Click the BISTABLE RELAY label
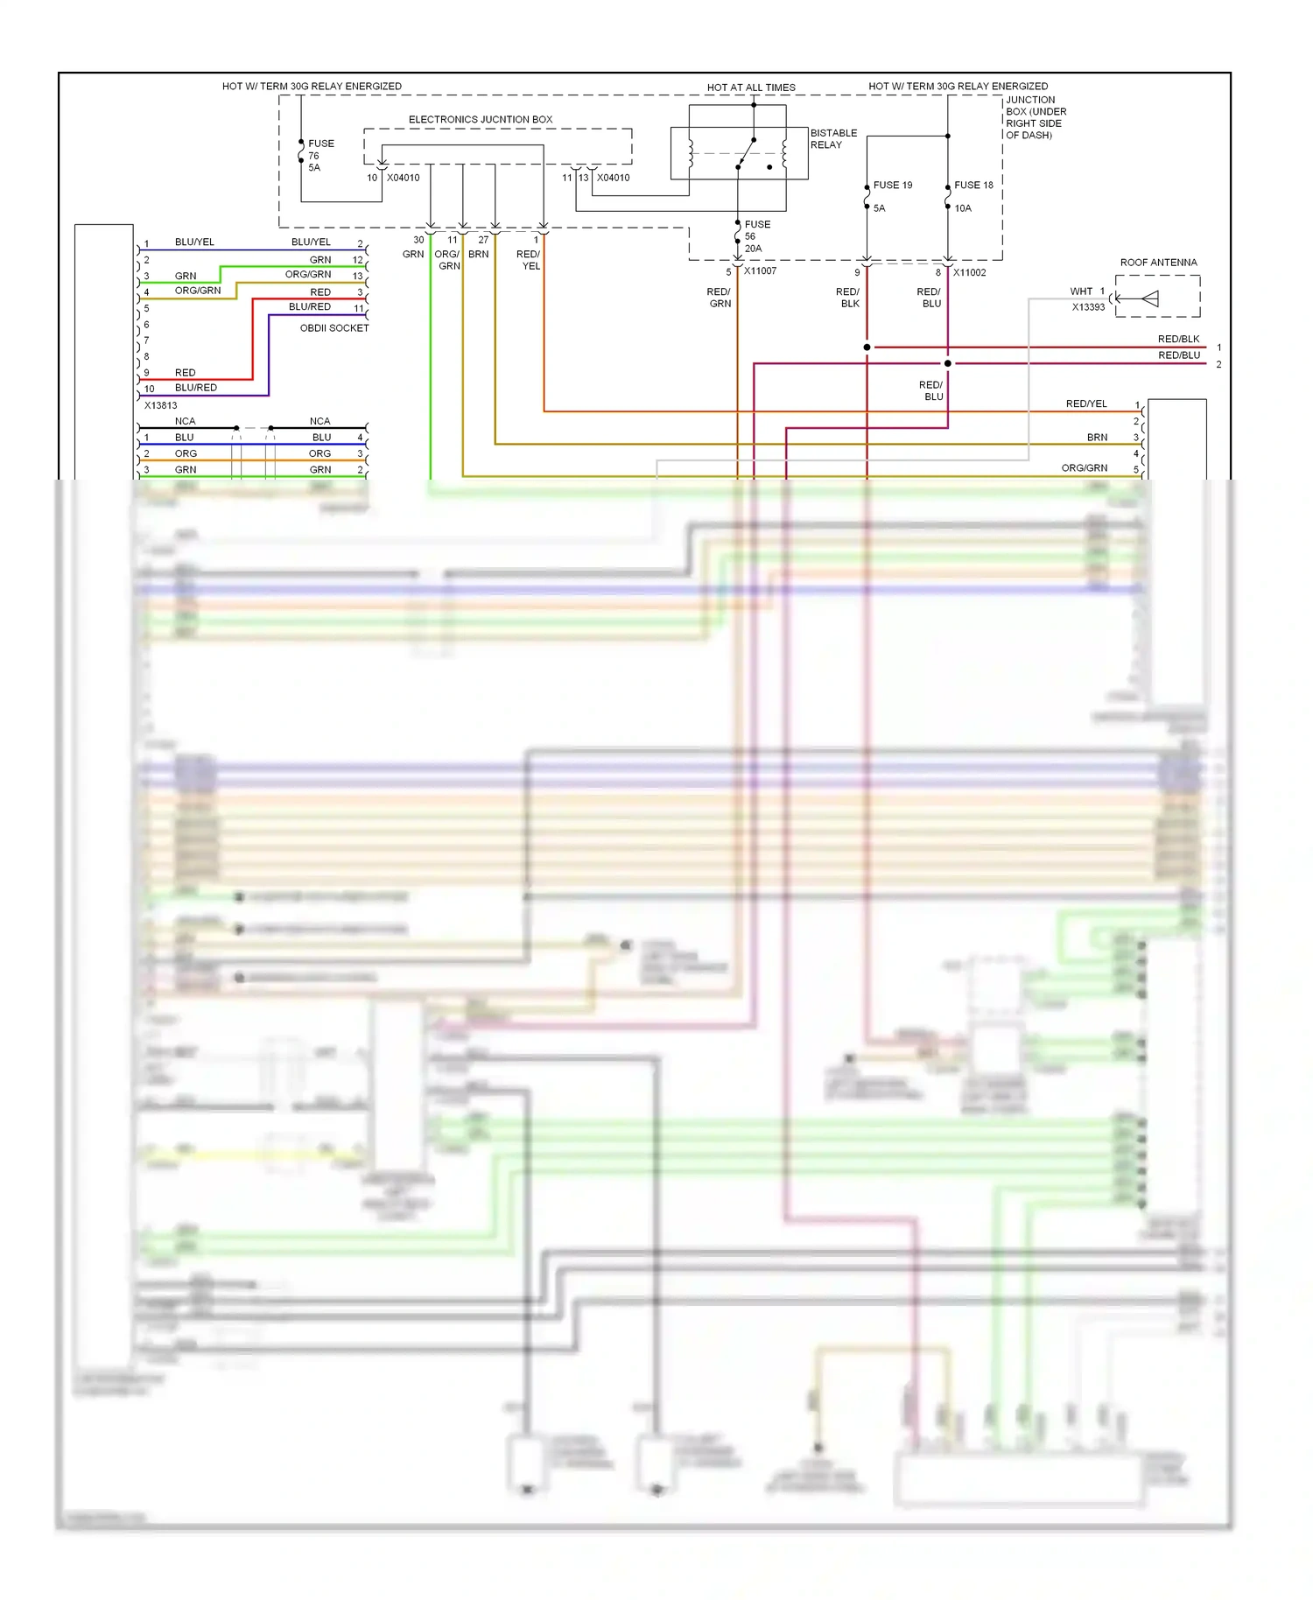tap(832, 139)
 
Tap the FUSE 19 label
tap(892, 186)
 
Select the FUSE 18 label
tap(973, 186)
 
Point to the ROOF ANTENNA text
tap(1158, 263)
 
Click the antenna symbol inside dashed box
tap(1150, 298)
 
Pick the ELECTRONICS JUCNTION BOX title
tap(480, 120)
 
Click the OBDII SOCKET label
tap(334, 328)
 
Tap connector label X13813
tap(160, 405)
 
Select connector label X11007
tap(760, 271)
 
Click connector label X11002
tap(969, 273)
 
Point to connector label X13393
tap(1088, 307)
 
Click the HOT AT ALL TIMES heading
tap(751, 88)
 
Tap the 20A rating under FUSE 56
tap(753, 249)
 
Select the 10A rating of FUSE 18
tap(963, 208)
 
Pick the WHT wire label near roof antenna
tap(1081, 291)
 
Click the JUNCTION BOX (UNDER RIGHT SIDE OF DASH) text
tap(1036, 117)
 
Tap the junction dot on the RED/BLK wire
tap(867, 347)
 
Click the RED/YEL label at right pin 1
tap(1086, 404)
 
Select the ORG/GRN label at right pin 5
tap(1084, 468)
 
